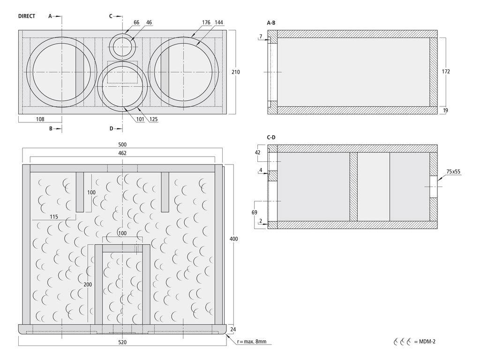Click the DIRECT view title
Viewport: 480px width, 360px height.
[27, 16]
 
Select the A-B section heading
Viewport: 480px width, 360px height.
[271, 22]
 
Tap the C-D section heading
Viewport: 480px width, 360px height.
[271, 137]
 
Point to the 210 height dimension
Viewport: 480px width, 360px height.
[236, 72]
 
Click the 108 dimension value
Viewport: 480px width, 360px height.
[40, 120]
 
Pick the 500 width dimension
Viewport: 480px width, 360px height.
[122, 145]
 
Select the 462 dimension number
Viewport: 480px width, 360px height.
[122, 153]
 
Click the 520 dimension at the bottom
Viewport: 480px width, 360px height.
[122, 342]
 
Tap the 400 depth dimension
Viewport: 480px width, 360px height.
[234, 239]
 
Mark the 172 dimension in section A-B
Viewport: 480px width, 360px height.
[446, 72]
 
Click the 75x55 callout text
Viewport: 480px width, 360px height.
[453, 172]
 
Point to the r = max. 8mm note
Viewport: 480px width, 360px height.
[252, 342]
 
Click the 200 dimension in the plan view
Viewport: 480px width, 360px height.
[88, 285]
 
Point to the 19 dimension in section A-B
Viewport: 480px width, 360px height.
[446, 110]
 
